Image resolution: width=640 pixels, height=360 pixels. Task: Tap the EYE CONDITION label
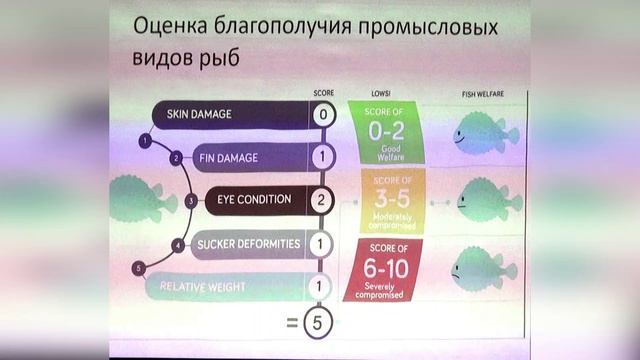coord(254,199)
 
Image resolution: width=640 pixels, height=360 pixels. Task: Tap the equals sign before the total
coord(293,322)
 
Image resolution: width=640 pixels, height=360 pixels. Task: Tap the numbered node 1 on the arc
coord(146,141)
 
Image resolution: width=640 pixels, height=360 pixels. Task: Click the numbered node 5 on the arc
coord(141,267)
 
